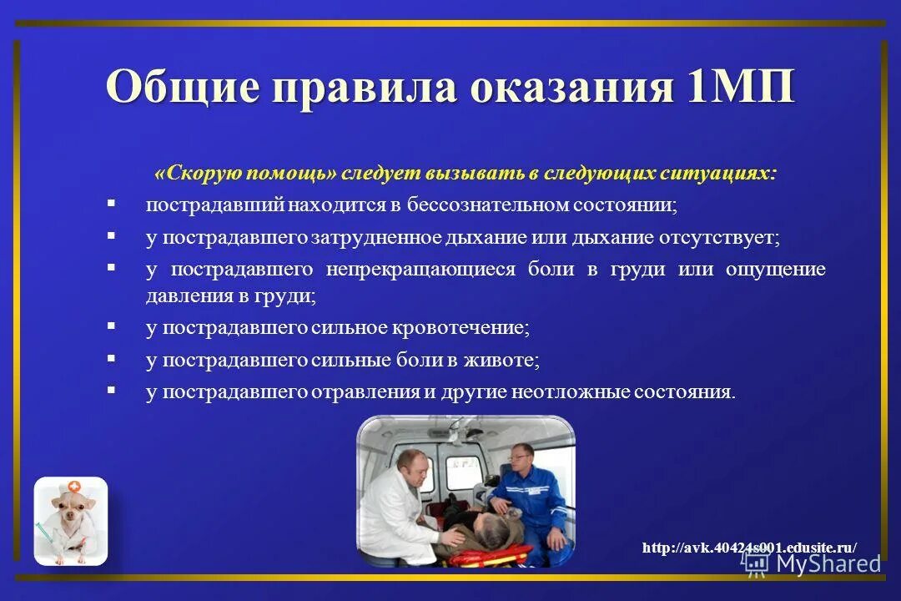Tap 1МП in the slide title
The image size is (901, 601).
742,88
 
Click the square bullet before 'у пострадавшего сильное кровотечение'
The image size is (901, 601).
112,326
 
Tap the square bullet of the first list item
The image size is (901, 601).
112,203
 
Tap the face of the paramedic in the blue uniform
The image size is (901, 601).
520,457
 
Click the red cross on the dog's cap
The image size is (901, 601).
75,486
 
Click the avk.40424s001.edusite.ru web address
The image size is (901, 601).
749,548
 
